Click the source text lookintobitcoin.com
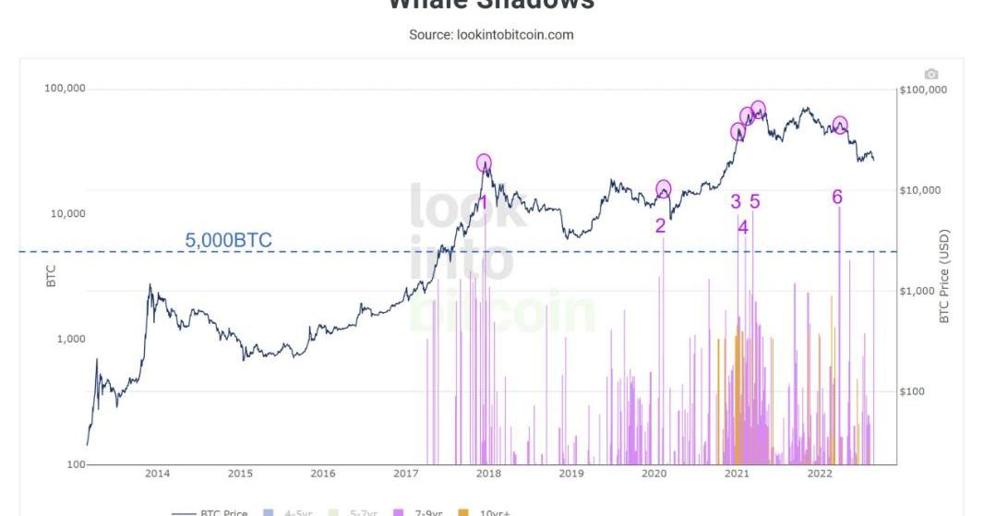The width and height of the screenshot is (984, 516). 491,35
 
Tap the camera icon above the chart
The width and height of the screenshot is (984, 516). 930,74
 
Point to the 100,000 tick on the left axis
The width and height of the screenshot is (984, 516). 65,89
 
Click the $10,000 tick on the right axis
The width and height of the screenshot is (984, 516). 923,190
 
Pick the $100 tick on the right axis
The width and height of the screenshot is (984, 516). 917,391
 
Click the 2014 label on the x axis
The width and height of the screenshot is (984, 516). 157,474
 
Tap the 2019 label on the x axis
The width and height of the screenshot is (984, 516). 571,474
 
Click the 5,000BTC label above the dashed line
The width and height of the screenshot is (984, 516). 229,240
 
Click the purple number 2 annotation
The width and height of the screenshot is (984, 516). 661,225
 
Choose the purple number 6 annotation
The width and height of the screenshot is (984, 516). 836,197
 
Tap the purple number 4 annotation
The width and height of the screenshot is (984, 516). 742,226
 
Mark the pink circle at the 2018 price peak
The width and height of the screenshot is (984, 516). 485,163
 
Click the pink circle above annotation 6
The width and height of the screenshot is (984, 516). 840,125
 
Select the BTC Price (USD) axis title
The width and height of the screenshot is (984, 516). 944,277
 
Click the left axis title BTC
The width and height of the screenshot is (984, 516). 51,276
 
